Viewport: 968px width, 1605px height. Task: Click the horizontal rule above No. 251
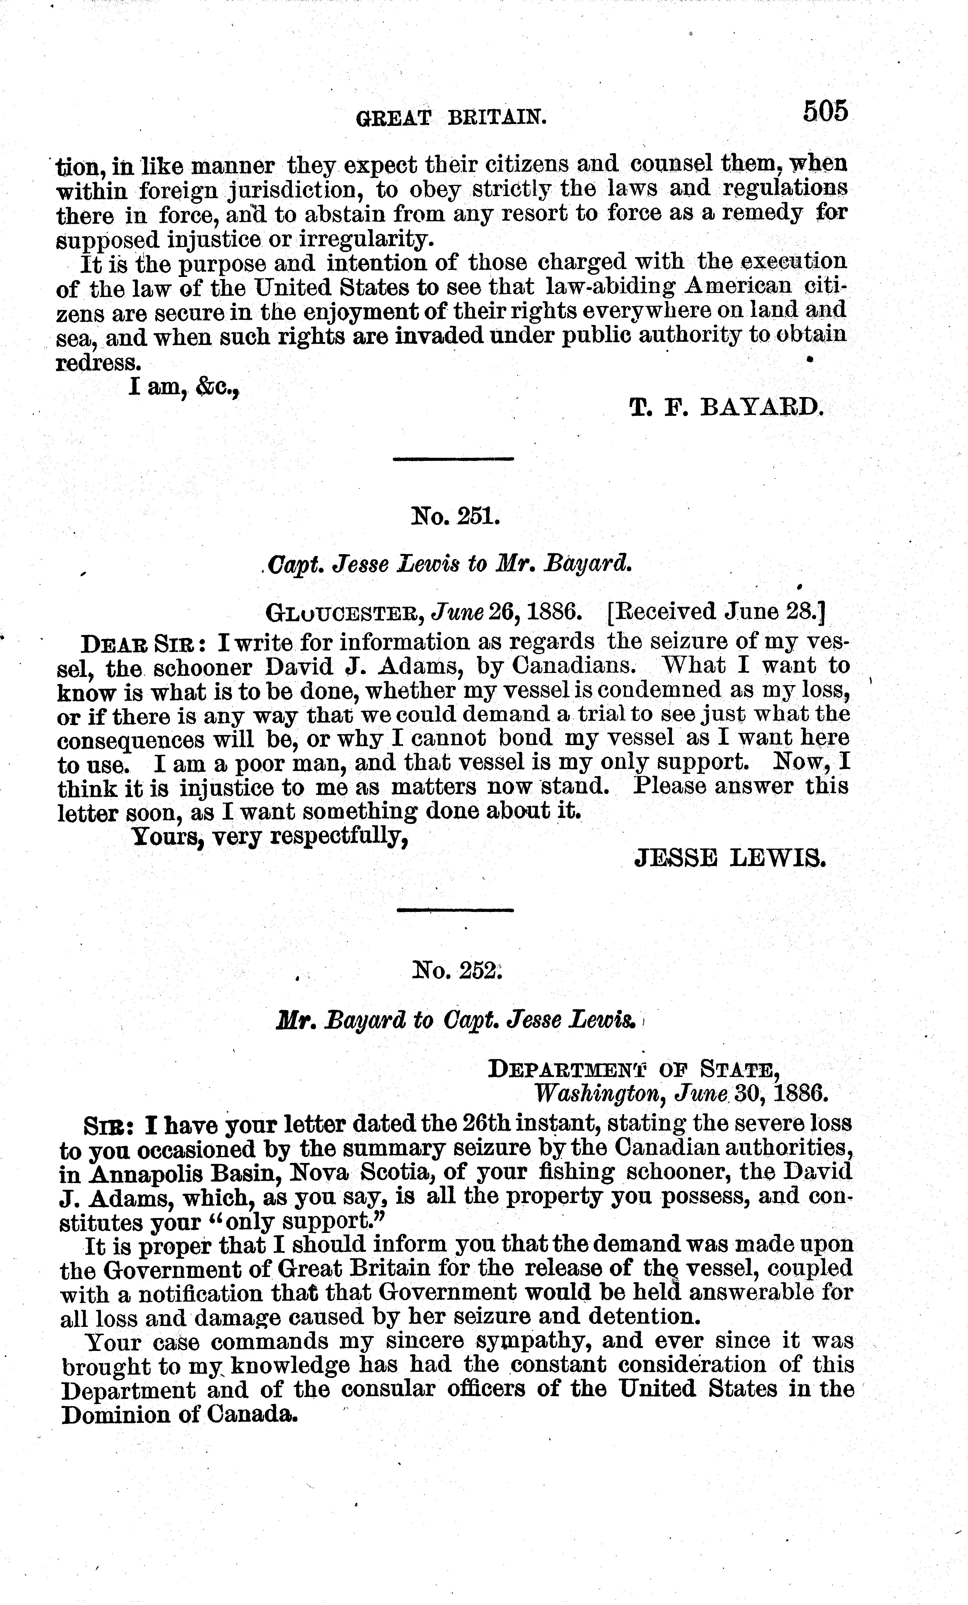(453, 459)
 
